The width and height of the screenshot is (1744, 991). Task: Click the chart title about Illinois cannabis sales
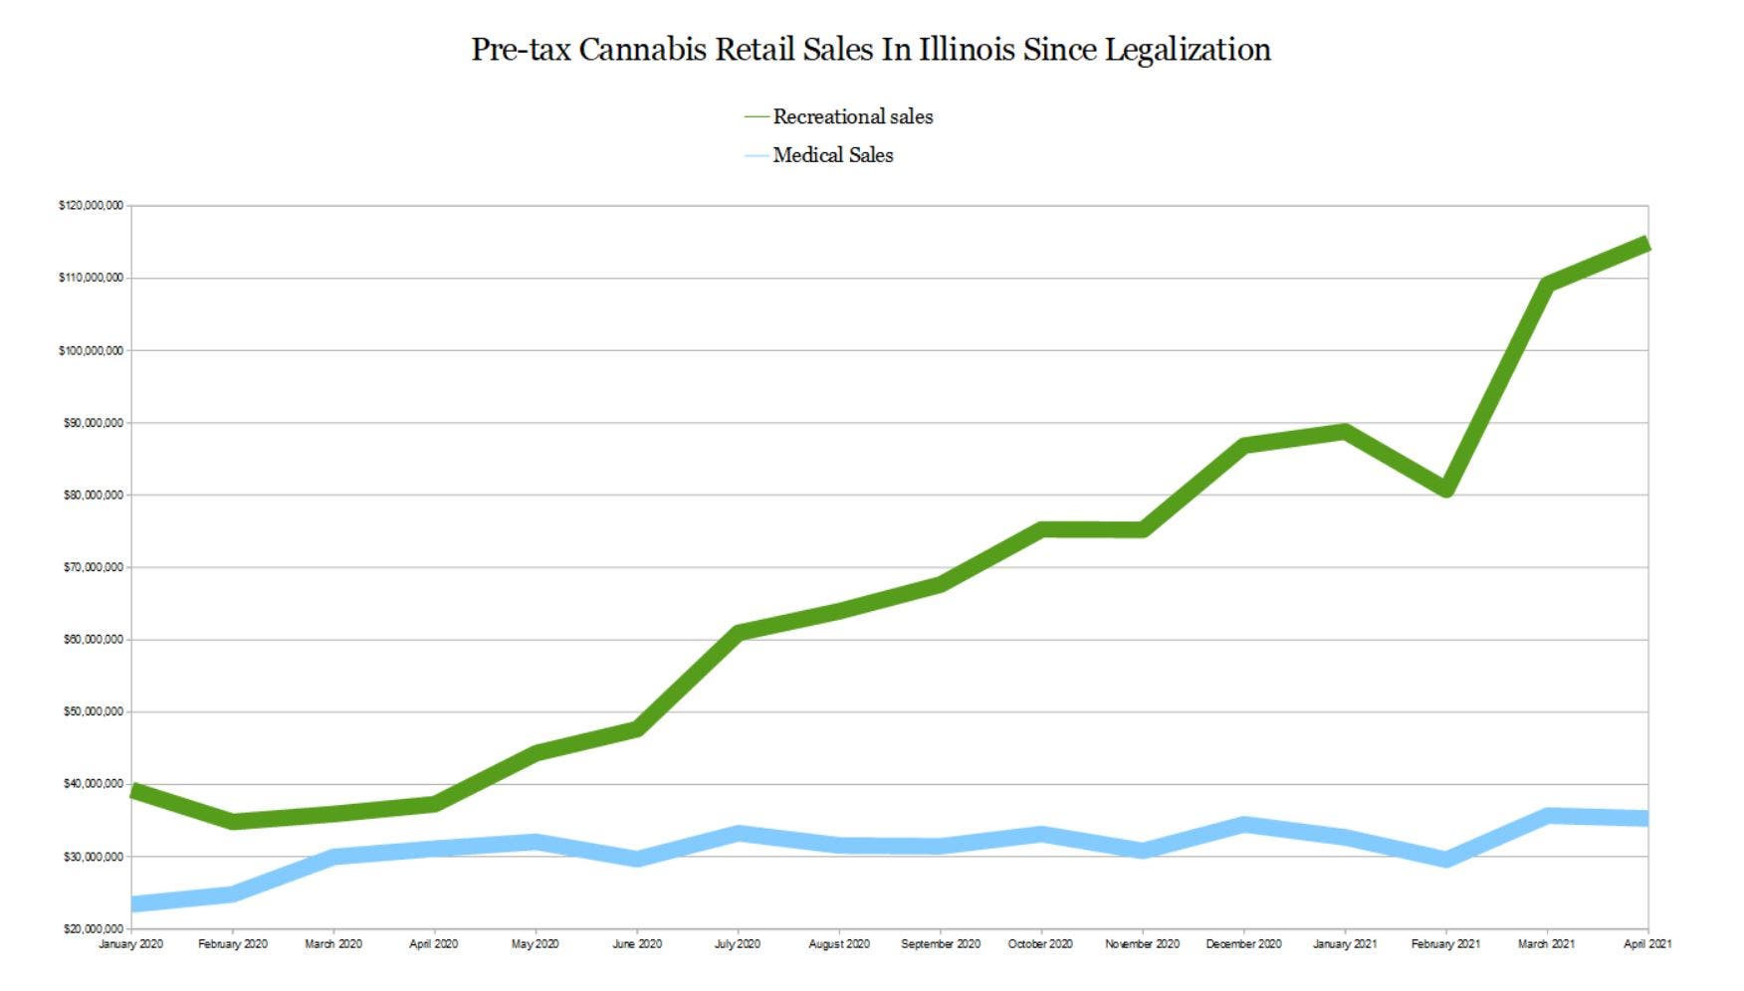pos(871,49)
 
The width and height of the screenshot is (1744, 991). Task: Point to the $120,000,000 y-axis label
pos(92,206)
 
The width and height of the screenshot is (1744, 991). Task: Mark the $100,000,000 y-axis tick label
pos(92,350)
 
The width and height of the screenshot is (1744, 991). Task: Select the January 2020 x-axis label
pos(130,944)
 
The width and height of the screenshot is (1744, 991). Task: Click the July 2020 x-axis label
pos(738,944)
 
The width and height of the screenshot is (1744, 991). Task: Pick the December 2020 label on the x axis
pos(1243,944)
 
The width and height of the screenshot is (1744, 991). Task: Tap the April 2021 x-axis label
pos(1647,944)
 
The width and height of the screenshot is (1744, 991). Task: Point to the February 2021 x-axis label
pos(1445,944)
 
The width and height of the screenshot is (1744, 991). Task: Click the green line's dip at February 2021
pos(1446,489)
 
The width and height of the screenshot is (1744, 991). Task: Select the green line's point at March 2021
pos(1547,285)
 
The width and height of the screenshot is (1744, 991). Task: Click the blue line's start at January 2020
pos(135,903)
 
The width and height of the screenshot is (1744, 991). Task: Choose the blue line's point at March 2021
pos(1547,816)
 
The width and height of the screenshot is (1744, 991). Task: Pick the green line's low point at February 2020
pos(233,821)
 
